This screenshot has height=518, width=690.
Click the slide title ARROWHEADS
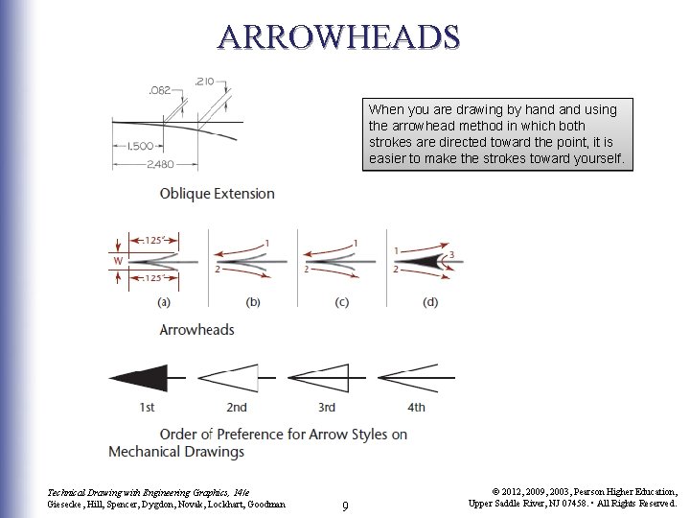click(338, 35)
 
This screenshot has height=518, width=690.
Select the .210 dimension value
click(204, 82)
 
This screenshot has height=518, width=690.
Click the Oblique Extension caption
click(217, 194)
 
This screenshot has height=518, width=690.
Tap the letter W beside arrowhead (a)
click(117, 259)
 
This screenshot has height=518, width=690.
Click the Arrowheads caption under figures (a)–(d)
click(196, 330)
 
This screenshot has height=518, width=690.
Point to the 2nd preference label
click(236, 408)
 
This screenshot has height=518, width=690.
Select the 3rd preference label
click(326, 408)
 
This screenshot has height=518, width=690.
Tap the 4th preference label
click(416, 408)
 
